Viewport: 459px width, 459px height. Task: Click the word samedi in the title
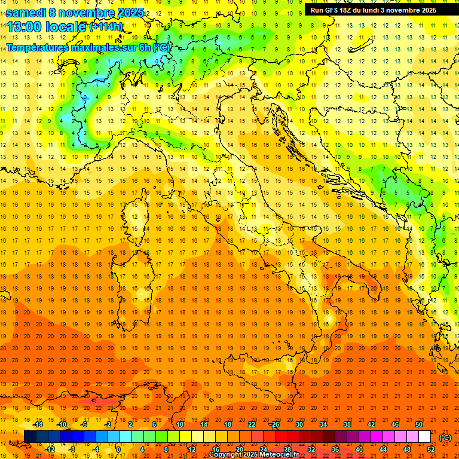click(27, 13)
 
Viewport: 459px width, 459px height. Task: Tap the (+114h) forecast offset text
click(106, 27)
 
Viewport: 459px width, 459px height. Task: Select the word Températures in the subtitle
click(37, 47)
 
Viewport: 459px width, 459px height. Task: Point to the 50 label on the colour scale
click(418, 424)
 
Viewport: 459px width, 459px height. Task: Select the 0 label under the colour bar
click(118, 449)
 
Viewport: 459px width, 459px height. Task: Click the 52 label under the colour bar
click(430, 449)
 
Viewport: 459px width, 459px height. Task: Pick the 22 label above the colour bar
click(251, 424)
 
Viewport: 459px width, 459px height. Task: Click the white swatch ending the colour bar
click(424, 437)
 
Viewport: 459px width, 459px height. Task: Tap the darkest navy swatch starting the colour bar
click(30, 437)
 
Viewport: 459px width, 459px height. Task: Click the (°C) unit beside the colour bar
click(445, 437)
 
